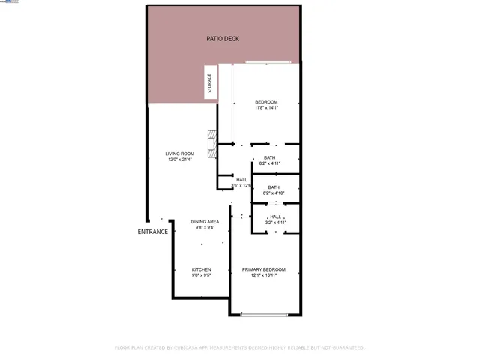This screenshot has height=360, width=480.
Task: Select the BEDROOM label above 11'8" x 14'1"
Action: (x=266, y=102)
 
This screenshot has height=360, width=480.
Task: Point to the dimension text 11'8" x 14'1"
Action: (x=266, y=108)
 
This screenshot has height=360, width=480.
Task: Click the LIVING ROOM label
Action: (x=179, y=154)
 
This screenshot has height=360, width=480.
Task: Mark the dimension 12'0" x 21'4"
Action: (x=179, y=160)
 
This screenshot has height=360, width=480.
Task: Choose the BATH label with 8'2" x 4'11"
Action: (x=269, y=157)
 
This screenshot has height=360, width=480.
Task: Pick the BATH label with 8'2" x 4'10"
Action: (x=274, y=187)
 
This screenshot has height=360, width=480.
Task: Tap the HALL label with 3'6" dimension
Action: (x=241, y=180)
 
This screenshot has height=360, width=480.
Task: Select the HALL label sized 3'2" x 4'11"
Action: (x=276, y=217)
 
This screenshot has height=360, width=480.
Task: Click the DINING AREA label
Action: (x=205, y=222)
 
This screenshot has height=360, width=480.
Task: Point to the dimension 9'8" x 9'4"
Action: (x=205, y=228)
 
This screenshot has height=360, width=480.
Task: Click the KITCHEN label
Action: (x=201, y=269)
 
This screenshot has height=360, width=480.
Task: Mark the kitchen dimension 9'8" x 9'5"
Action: (x=201, y=275)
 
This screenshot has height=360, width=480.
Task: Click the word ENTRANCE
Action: (x=152, y=232)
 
